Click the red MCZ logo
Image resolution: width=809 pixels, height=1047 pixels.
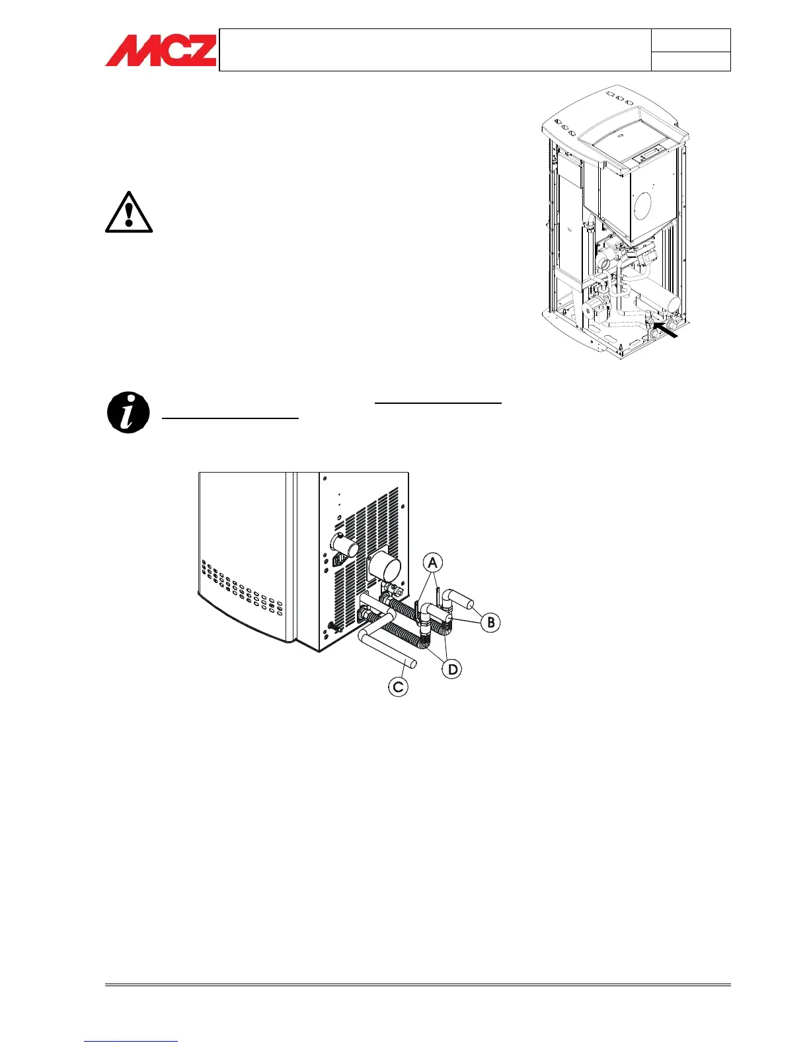coord(161,50)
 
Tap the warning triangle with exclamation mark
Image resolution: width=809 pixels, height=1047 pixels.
coord(129,213)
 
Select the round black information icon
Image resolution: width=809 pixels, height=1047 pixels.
coord(128,412)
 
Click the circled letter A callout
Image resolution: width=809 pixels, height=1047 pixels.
coord(432,562)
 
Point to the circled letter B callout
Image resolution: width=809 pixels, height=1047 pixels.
coord(490,622)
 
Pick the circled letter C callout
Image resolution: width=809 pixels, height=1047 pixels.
coord(398,687)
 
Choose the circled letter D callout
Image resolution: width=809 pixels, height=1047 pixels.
coord(452,670)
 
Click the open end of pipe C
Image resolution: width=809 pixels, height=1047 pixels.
coord(412,664)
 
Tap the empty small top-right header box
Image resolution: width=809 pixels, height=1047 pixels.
coord(691,40)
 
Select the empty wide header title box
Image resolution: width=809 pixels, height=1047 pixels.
coord(435,50)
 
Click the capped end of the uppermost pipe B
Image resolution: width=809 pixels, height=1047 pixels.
coord(467,603)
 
